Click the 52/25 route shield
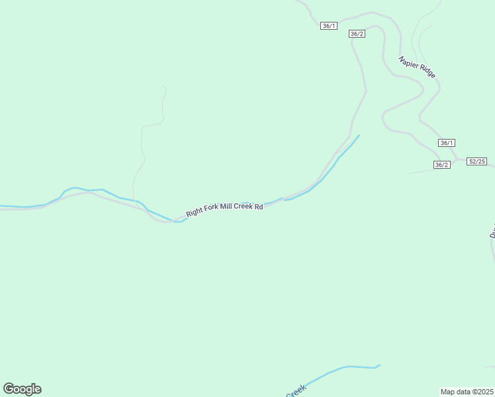coord(476,161)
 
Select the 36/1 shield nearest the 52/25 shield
coord(447,143)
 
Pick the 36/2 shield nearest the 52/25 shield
coord(442,165)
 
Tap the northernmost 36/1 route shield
coord(329,26)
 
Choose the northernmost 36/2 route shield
coord(357,34)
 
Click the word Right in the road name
coord(195,212)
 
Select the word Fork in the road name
coord(212,210)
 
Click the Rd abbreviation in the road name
coord(259,206)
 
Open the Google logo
coord(22,389)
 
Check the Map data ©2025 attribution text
coord(467,391)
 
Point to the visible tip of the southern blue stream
coord(380,365)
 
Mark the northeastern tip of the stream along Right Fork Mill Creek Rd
coord(359,136)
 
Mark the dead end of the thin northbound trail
coord(162,85)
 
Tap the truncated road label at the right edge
coord(492,232)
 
